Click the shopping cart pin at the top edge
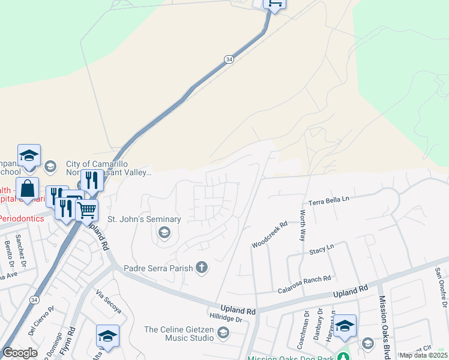click(x=274, y=4)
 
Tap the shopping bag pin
click(x=28, y=189)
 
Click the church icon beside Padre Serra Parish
click(x=202, y=267)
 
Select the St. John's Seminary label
click(x=144, y=219)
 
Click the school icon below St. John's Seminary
click(x=164, y=233)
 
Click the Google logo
click(x=20, y=353)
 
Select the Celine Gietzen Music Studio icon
click(x=223, y=332)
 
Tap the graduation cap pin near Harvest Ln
click(x=345, y=326)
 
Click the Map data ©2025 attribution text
click(x=424, y=355)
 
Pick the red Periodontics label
click(x=22, y=218)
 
